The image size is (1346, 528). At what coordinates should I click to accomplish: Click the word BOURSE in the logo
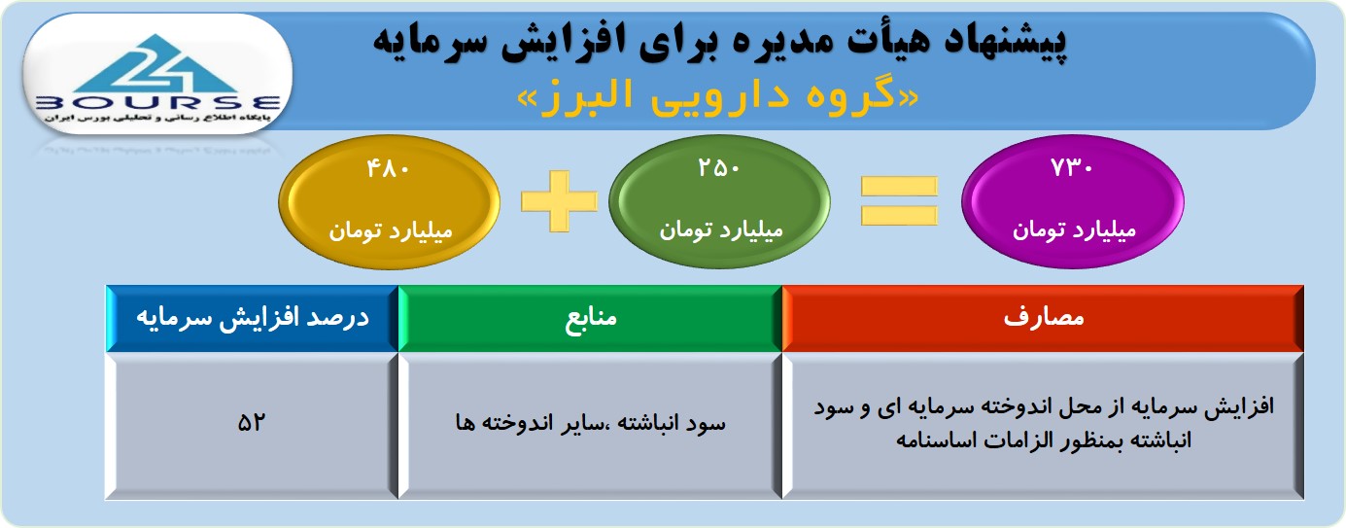coord(158,103)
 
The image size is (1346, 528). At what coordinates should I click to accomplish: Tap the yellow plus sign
coord(559,201)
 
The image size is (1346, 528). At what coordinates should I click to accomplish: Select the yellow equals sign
coord(899,201)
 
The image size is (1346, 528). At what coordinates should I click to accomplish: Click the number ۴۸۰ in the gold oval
coord(389,169)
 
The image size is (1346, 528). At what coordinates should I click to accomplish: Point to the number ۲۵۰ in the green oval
coord(719,168)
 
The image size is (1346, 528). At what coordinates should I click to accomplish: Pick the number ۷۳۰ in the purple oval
coord(1072,167)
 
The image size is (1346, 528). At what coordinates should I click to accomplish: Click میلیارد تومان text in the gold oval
coord(390,230)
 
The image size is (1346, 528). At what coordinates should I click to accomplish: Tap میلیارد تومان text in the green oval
coord(720,229)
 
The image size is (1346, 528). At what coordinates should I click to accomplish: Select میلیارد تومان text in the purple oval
coord(1074,229)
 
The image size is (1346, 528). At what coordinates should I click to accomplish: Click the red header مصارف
coord(1044,317)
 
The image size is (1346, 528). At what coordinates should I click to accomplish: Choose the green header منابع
coord(591,317)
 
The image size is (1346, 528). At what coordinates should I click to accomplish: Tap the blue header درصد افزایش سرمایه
coord(253,318)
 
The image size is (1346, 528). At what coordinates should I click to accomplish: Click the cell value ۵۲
coord(251,422)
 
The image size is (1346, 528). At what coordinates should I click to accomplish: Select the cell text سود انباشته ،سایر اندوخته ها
coord(590,423)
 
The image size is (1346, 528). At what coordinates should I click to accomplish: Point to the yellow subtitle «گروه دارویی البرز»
coord(718,97)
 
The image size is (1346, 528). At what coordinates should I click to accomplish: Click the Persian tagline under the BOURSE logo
coord(157,119)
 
